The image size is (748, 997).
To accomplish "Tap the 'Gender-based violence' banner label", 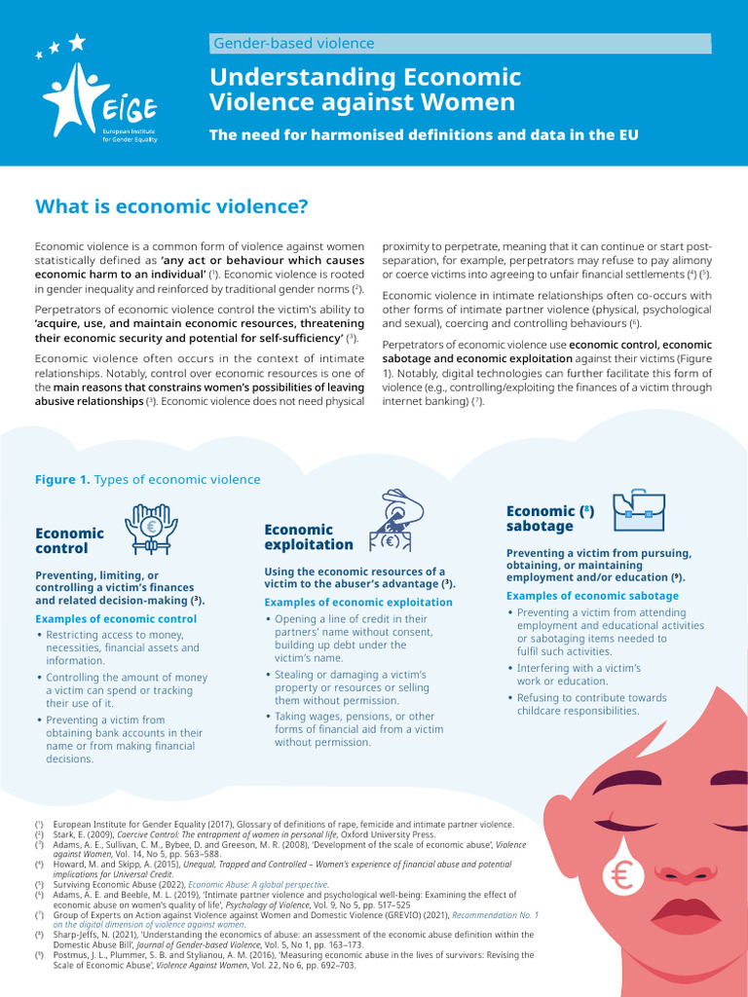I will [x=293, y=43].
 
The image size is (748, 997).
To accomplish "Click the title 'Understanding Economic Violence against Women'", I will [x=365, y=90].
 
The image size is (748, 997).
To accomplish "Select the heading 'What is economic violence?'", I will [x=171, y=206].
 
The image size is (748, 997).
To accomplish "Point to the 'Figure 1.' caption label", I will [x=62, y=479].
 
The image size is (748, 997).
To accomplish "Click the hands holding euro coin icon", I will [x=151, y=529].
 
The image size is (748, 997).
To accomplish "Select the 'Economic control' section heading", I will [x=69, y=540].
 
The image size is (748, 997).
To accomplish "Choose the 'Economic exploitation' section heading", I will [x=308, y=536].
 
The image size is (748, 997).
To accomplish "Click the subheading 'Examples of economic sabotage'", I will [x=592, y=596].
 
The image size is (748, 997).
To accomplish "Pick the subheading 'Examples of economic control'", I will [x=116, y=619].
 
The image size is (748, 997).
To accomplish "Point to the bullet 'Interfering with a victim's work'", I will [x=578, y=675].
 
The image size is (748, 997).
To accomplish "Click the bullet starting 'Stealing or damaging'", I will [x=336, y=687].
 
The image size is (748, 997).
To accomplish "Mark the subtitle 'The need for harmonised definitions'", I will [x=424, y=135].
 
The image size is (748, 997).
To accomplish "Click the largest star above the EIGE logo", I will [x=76, y=41].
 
